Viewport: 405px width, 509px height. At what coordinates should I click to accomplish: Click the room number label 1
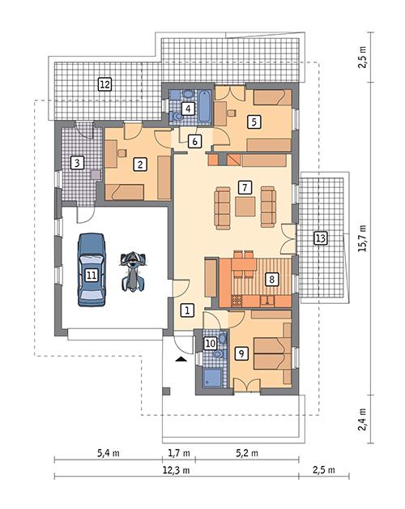click(186, 309)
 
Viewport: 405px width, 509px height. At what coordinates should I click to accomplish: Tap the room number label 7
click(245, 186)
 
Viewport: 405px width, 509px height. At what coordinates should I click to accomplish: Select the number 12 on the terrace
click(104, 83)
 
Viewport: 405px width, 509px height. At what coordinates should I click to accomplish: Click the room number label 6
click(194, 141)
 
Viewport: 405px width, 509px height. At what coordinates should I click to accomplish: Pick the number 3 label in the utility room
click(77, 163)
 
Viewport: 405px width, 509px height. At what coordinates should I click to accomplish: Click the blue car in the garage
click(92, 271)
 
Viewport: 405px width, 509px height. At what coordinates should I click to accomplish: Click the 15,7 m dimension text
click(363, 239)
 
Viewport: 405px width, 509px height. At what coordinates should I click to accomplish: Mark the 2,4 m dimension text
click(363, 421)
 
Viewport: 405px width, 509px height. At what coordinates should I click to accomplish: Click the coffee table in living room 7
click(245, 207)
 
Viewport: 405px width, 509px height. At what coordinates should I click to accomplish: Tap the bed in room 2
click(126, 191)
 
